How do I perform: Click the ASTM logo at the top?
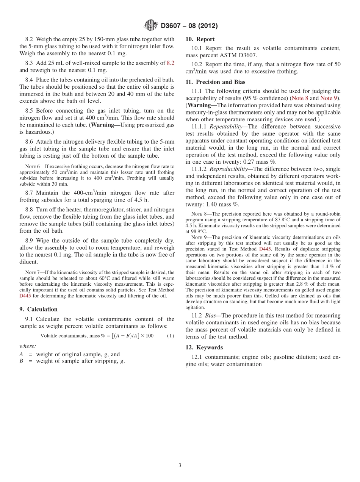coord(151,26)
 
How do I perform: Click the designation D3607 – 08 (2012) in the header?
coord(189,26)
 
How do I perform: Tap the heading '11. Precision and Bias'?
coord(215,82)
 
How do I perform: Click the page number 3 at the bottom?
coord(180,465)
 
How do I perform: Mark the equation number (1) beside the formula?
coord(171,336)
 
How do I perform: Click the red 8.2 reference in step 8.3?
coord(171,63)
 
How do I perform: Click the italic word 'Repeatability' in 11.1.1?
coord(226,127)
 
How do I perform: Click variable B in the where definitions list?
coord(21,361)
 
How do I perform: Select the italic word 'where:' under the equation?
coord(28,346)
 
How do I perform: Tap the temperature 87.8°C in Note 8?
coord(290,220)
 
